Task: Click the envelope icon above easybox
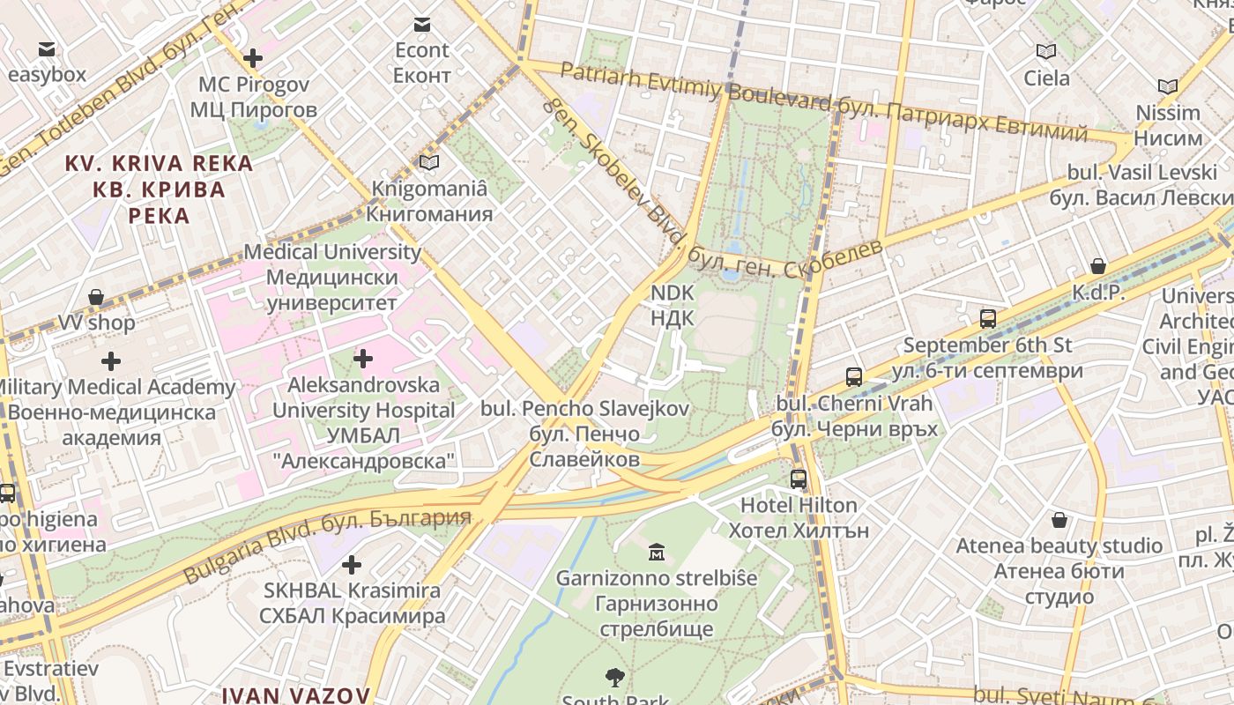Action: click(x=46, y=49)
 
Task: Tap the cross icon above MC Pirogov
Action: click(x=253, y=59)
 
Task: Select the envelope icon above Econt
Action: click(x=422, y=25)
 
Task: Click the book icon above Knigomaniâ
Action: click(x=429, y=162)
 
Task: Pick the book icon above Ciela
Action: click(x=1046, y=52)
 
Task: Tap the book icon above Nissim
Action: click(x=1168, y=87)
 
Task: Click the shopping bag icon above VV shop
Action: click(x=96, y=297)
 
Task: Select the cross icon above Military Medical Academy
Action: click(x=111, y=361)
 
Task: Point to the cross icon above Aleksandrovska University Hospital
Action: click(x=363, y=359)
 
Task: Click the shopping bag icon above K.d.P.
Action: click(x=1098, y=266)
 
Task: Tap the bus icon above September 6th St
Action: click(x=988, y=319)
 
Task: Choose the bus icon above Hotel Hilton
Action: click(x=799, y=479)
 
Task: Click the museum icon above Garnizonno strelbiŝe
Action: click(x=657, y=553)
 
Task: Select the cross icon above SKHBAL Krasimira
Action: click(x=352, y=564)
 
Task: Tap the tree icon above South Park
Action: click(x=615, y=677)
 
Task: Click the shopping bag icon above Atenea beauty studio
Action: click(x=1059, y=520)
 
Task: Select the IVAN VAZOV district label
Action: click(x=296, y=694)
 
